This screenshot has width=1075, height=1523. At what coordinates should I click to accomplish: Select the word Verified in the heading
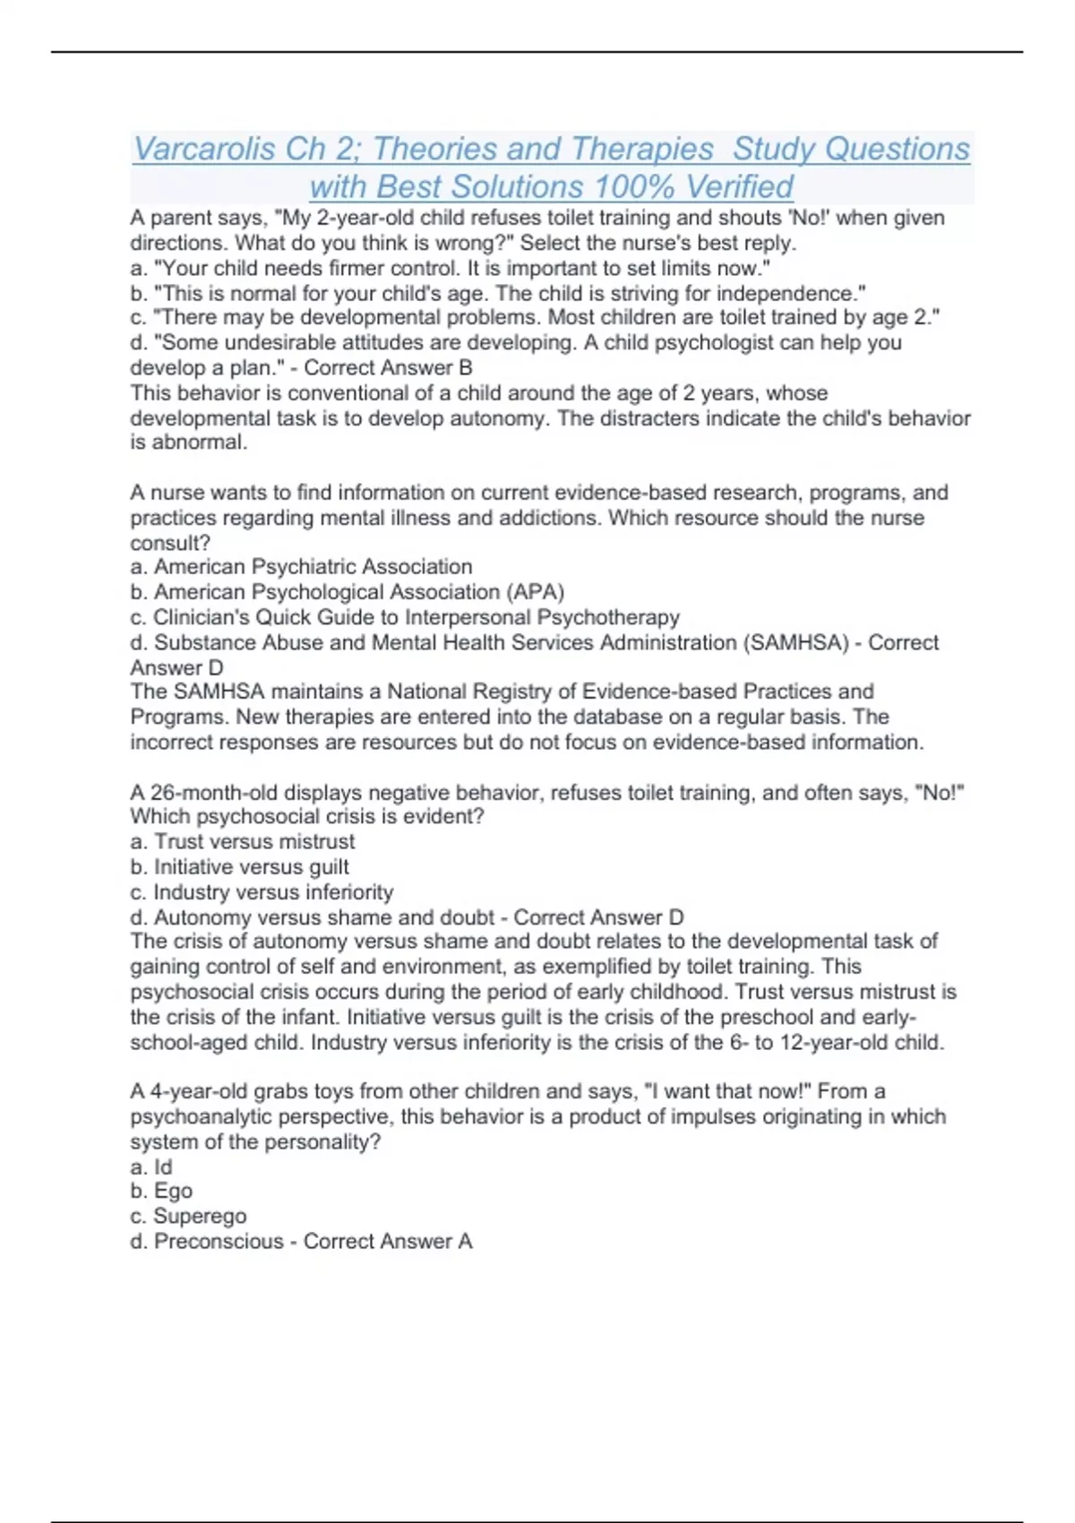[739, 187]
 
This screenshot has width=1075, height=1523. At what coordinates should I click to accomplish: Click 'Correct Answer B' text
[388, 367]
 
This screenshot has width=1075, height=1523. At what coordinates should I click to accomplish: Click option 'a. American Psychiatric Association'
[301, 567]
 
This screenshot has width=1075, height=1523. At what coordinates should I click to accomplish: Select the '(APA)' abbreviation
[536, 592]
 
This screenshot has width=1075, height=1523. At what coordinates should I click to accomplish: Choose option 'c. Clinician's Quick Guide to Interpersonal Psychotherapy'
[405, 617]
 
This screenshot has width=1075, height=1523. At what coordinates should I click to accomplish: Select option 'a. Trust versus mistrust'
[243, 842]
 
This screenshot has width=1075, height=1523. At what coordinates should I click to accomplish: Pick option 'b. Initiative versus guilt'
[240, 867]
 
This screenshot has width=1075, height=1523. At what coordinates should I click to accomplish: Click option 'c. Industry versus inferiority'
[262, 892]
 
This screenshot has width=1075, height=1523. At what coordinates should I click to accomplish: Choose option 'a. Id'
[151, 1167]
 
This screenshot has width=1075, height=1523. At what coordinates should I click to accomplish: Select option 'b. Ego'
[161, 1192]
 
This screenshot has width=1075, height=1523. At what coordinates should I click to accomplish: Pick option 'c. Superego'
[188, 1217]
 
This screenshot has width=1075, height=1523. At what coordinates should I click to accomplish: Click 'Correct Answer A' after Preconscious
[388, 1242]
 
